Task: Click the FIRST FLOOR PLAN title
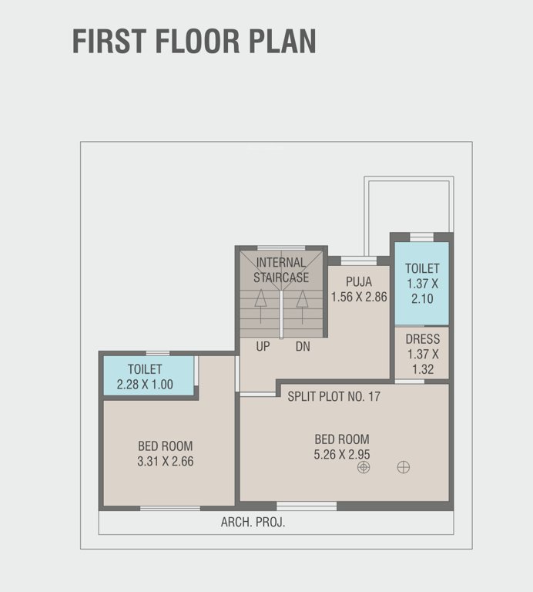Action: (x=194, y=42)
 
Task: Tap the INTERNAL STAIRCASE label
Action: (x=281, y=270)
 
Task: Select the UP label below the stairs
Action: (x=263, y=347)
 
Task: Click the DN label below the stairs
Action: (x=303, y=347)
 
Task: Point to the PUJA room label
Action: (x=358, y=281)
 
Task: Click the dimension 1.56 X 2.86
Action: (x=358, y=296)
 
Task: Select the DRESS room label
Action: (x=422, y=339)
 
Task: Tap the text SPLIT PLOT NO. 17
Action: (x=334, y=397)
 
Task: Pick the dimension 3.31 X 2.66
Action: (x=166, y=461)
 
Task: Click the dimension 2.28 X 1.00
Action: (x=145, y=384)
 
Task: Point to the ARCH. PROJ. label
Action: (x=253, y=522)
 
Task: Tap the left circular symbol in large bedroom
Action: (x=364, y=467)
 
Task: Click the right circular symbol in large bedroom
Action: (x=404, y=467)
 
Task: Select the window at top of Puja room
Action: (x=358, y=261)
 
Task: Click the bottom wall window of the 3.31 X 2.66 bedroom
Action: (x=169, y=507)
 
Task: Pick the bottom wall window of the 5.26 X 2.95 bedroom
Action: (x=307, y=506)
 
